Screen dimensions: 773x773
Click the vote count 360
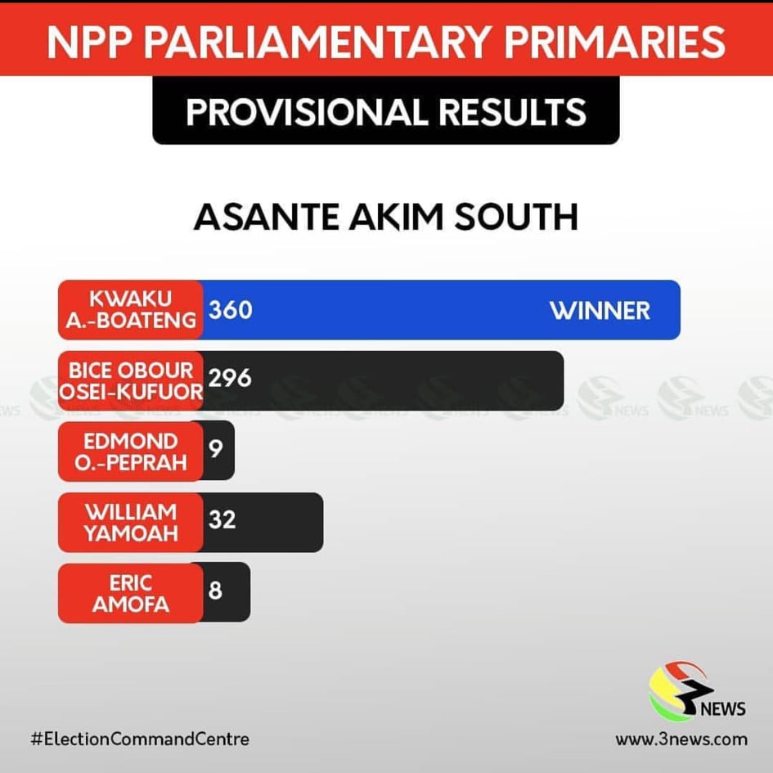pyautogui.click(x=230, y=310)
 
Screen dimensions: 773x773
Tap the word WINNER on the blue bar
pyautogui.click(x=600, y=311)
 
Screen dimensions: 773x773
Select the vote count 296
pyautogui.click(x=230, y=378)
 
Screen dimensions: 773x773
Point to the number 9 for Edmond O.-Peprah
pyautogui.click(x=215, y=448)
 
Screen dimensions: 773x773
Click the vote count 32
pyautogui.click(x=222, y=519)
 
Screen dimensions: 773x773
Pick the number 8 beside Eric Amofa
pyautogui.click(x=215, y=590)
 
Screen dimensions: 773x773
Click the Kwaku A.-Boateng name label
pyautogui.click(x=131, y=309)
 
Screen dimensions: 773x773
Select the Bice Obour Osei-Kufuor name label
pyautogui.click(x=131, y=380)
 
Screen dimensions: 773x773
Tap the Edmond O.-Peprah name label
pyautogui.click(x=131, y=451)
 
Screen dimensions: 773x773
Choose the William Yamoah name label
pyautogui.click(x=131, y=522)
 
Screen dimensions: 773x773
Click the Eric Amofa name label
pyautogui.click(x=131, y=593)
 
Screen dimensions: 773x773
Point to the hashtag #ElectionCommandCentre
pyautogui.click(x=140, y=739)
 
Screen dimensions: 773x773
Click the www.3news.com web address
pyautogui.click(x=681, y=739)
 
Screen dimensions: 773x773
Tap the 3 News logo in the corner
pyautogui.click(x=696, y=691)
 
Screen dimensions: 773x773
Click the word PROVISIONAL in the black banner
pyautogui.click(x=307, y=112)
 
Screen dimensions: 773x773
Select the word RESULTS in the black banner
pyautogui.click(x=512, y=112)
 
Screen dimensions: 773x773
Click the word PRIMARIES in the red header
pyautogui.click(x=614, y=42)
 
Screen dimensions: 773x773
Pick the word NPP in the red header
pyautogui.click(x=90, y=42)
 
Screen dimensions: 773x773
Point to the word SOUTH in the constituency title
pyautogui.click(x=515, y=217)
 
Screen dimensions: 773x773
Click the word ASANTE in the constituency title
pyautogui.click(x=267, y=217)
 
